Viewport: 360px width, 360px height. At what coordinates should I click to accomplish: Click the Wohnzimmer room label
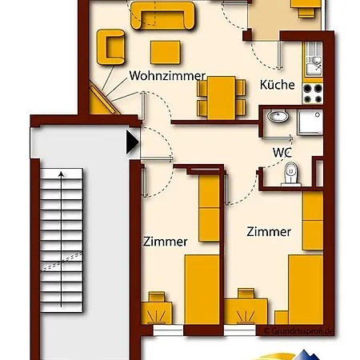click(x=167, y=76)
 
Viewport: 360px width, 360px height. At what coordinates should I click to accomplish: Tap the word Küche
click(x=278, y=85)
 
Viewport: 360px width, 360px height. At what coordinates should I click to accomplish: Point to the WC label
click(x=282, y=153)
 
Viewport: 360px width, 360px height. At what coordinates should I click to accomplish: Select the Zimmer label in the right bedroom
click(x=269, y=232)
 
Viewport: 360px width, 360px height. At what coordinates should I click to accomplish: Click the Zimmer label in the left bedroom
click(x=166, y=242)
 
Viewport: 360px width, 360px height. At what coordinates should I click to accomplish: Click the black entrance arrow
click(x=133, y=142)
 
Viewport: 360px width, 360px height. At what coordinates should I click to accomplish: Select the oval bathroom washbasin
click(x=278, y=116)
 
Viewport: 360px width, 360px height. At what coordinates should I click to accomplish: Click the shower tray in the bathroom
click(x=310, y=122)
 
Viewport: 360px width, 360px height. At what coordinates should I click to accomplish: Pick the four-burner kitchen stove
click(x=313, y=94)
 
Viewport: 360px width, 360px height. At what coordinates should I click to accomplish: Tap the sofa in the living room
click(x=162, y=15)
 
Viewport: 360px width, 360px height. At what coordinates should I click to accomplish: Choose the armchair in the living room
click(x=110, y=47)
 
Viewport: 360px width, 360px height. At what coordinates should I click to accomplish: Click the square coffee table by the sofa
click(x=166, y=52)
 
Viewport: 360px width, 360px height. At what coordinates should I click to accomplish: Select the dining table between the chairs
click(x=222, y=98)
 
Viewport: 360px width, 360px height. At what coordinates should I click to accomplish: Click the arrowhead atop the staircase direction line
click(x=62, y=174)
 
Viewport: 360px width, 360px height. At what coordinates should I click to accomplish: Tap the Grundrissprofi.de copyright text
click(x=299, y=331)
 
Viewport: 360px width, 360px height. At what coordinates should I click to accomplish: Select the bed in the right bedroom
click(x=306, y=290)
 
